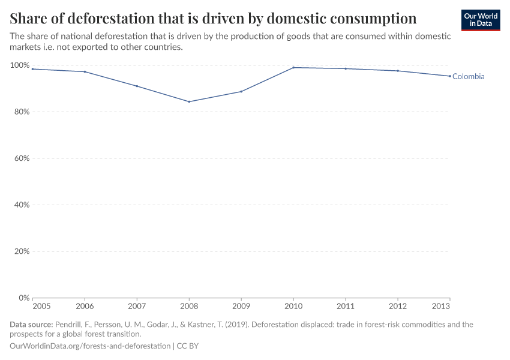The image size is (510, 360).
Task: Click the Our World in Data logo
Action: tap(480, 20)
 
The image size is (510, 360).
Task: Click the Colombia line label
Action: tap(468, 77)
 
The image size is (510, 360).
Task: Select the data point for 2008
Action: tap(189, 101)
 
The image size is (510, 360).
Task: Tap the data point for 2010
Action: tap(293, 67)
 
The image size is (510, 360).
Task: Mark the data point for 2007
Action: tap(137, 86)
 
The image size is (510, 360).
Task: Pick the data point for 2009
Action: tap(241, 91)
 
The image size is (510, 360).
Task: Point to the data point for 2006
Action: tap(85, 72)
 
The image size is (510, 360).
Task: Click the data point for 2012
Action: tap(398, 71)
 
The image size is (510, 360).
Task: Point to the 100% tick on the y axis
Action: tap(20, 65)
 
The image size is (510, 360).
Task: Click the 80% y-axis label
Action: tap(21, 112)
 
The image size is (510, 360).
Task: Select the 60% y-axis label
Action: tap(21, 158)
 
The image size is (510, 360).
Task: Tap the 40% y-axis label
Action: tap(21, 205)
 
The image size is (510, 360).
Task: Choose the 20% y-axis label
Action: tap(21, 251)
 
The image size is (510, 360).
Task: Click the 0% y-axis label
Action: tap(23, 298)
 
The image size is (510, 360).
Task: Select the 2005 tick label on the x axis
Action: tap(42, 306)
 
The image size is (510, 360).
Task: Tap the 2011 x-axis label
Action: tap(346, 306)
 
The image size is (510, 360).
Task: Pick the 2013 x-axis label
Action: tap(441, 306)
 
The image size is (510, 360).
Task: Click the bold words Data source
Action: tap(31, 325)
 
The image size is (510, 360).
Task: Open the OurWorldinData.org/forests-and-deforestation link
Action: tap(90, 346)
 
